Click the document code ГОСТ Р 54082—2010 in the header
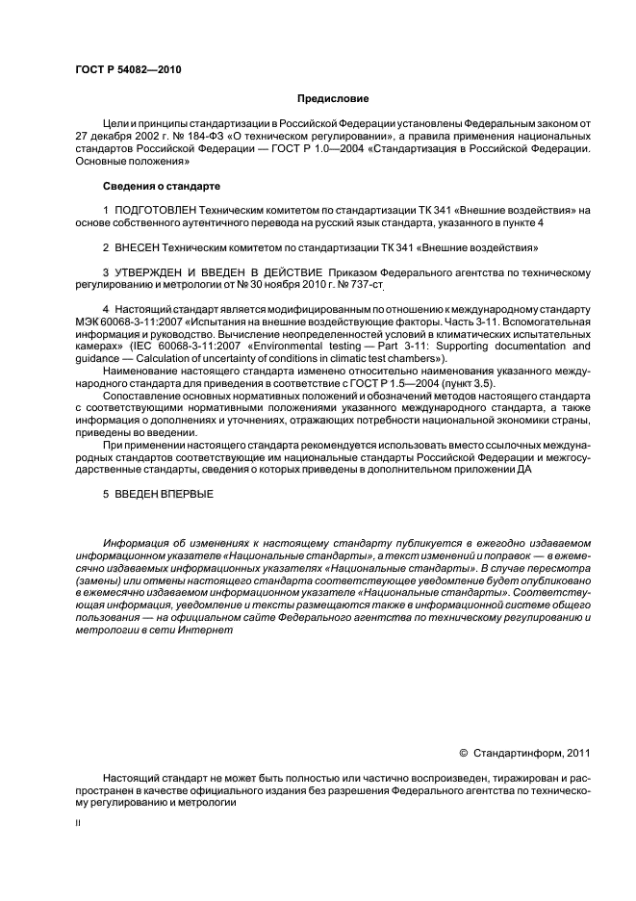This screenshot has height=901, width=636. [x=128, y=69]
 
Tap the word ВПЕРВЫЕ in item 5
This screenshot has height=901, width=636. [x=188, y=494]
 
